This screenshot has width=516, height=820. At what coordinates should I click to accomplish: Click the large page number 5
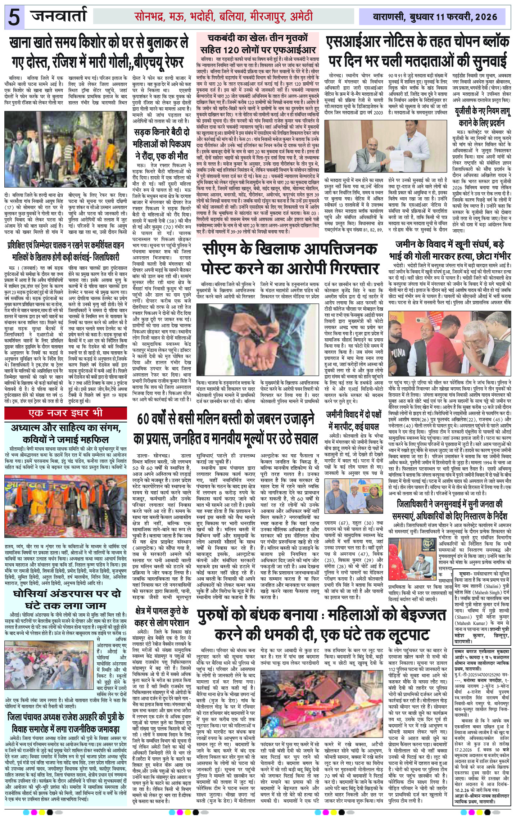click(x=13, y=17)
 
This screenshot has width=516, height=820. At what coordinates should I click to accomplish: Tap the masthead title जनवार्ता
click(x=59, y=16)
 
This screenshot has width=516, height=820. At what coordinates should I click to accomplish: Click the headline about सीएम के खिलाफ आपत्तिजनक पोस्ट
click(x=290, y=259)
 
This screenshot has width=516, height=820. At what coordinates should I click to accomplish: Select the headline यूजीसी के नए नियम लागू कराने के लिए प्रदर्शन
click(x=482, y=117)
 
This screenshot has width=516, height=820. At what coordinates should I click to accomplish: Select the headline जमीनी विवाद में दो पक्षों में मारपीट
click(x=354, y=420)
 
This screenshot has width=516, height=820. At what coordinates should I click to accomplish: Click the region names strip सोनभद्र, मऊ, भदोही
click(x=224, y=16)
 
